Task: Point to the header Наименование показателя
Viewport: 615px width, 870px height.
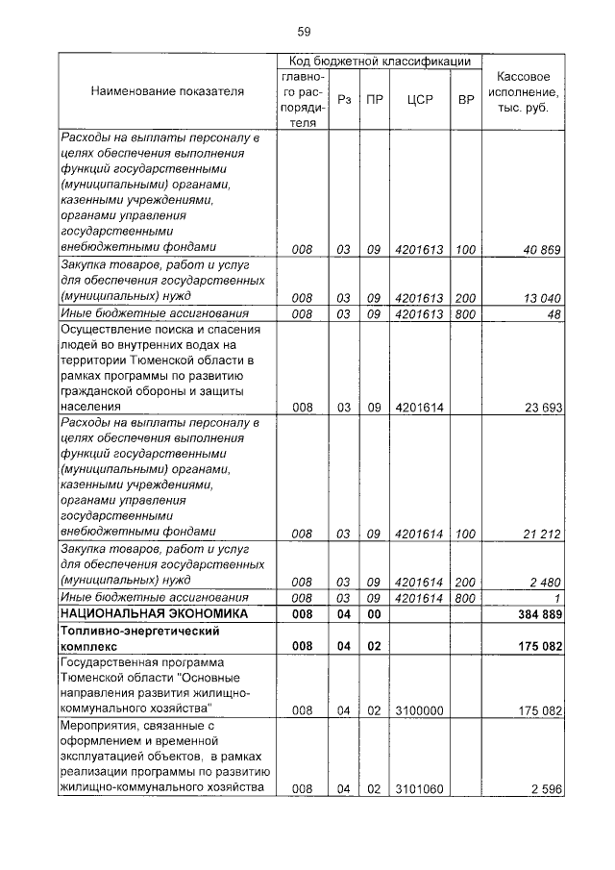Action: [x=166, y=91]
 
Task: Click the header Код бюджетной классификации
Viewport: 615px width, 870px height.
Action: [x=380, y=61]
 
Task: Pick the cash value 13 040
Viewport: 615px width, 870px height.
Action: [x=541, y=298]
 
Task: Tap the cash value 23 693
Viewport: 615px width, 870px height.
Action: [x=541, y=408]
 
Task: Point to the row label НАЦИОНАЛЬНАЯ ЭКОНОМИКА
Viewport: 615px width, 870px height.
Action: [x=154, y=613]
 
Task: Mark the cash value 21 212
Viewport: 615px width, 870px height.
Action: [x=541, y=534]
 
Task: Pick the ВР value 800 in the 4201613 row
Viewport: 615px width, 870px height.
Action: [x=466, y=313]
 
